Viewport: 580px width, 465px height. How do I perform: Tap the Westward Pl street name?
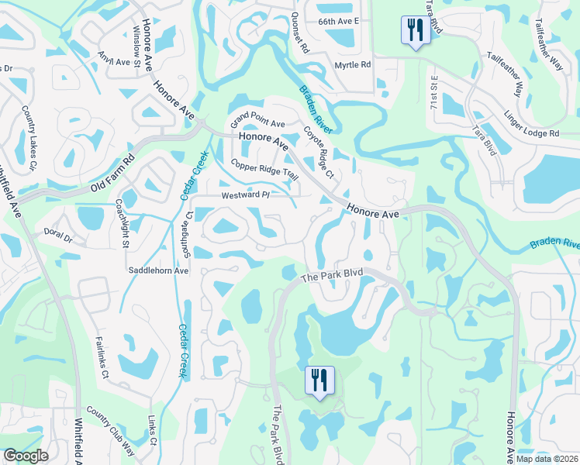click(x=243, y=195)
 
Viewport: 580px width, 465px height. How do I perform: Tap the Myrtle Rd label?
click(x=351, y=65)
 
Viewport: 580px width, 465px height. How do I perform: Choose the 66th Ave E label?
click(x=338, y=22)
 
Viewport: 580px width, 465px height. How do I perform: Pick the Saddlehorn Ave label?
click(x=159, y=271)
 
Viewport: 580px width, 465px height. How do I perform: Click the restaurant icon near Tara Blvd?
click(x=413, y=31)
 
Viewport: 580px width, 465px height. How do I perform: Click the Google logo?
click(x=26, y=456)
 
